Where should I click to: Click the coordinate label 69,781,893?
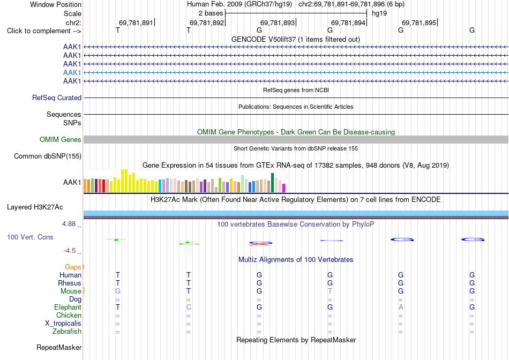(278, 22)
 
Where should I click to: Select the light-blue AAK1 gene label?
(72, 72)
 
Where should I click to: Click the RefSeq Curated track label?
(57, 97)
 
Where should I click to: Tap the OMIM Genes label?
(61, 140)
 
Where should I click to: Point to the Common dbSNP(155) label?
(48, 156)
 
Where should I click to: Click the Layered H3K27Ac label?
(35, 207)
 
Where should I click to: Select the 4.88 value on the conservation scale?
(69, 224)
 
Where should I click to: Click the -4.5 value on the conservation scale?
(70, 251)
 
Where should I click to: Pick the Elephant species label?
(68, 307)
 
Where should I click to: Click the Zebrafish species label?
(67, 332)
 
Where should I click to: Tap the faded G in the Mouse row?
(118, 291)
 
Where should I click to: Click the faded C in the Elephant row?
(189, 307)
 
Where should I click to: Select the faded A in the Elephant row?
(401, 307)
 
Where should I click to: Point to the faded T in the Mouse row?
(330, 291)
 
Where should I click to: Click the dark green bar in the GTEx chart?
(272, 183)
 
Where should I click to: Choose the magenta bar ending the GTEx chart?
(284, 188)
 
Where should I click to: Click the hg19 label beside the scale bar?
(379, 13)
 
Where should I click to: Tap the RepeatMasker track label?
(59, 347)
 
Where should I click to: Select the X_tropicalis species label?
(63, 324)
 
